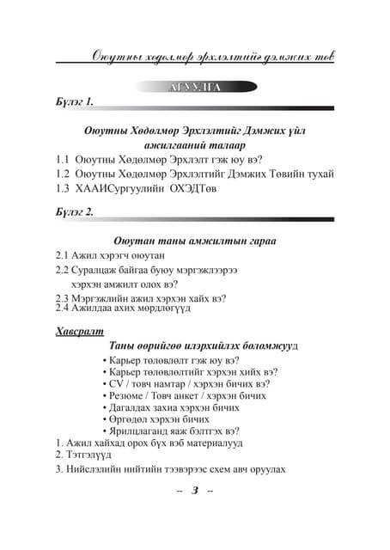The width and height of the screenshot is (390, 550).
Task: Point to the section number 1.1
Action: point(64,160)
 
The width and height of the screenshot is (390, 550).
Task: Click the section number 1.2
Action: point(64,174)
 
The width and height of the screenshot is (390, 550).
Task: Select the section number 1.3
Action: point(64,189)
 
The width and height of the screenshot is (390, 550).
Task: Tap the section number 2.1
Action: point(63,255)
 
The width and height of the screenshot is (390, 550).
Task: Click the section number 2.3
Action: point(63,298)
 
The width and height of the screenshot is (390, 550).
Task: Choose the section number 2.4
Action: point(63,307)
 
